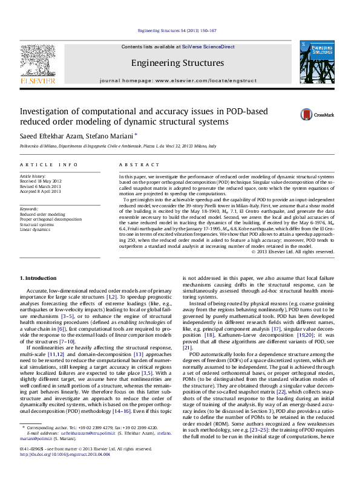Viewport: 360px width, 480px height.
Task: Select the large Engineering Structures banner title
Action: point(169,63)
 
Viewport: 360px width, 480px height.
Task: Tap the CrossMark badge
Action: point(325,113)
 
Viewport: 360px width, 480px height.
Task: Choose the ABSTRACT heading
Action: point(134,164)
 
